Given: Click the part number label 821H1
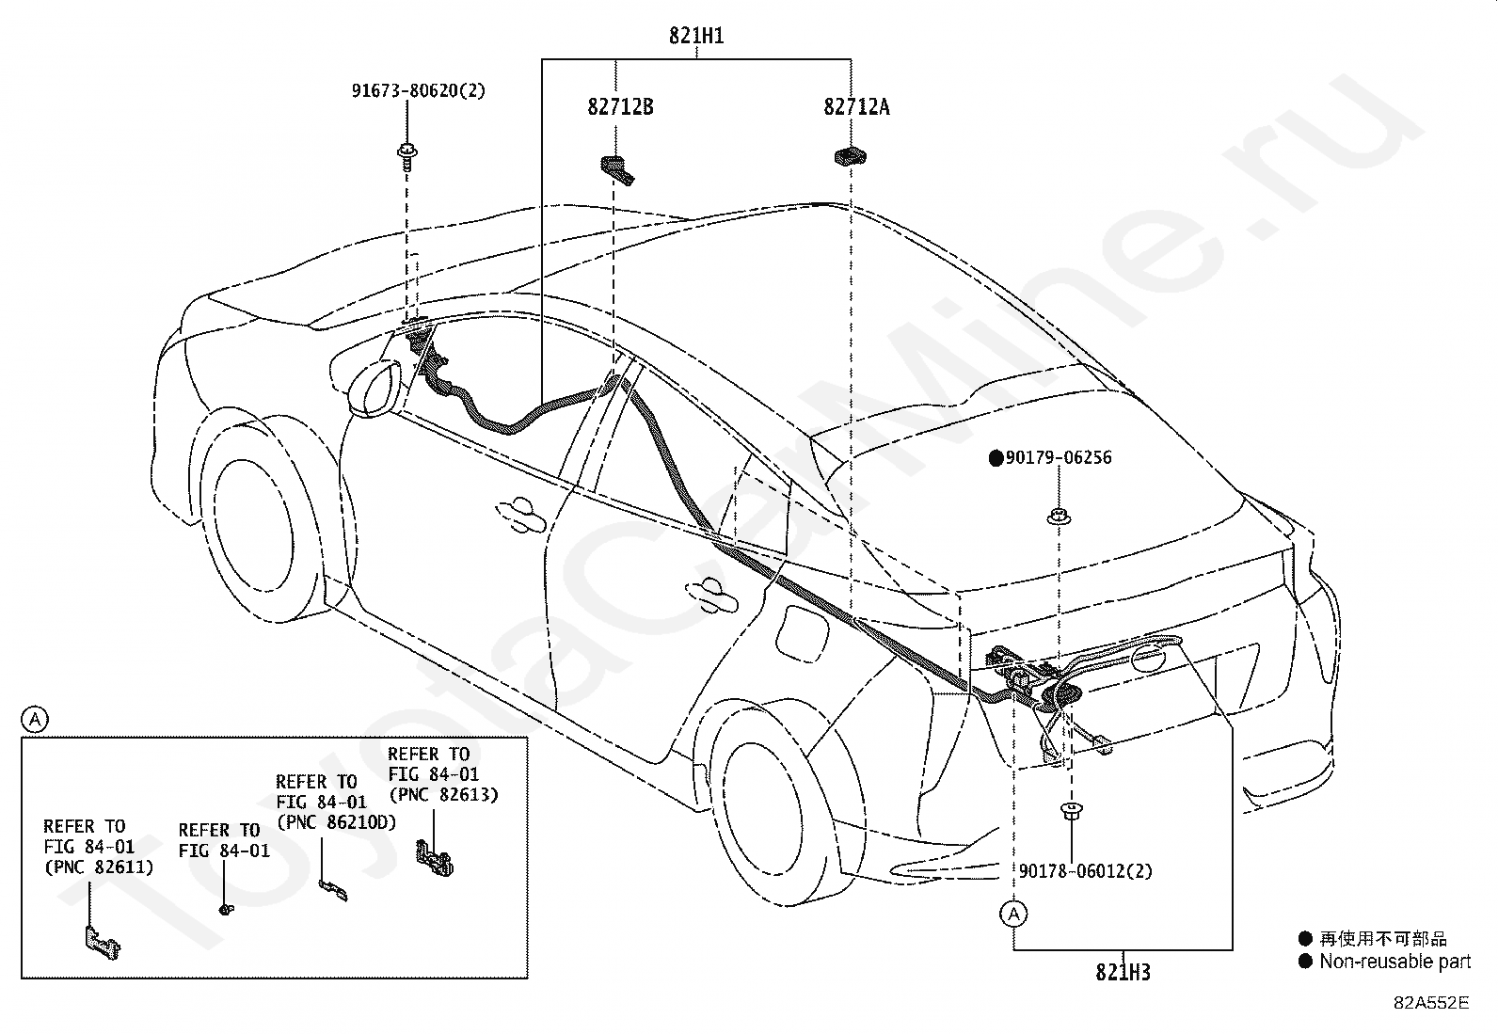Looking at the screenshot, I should click(x=696, y=37).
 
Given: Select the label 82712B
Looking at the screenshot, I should click(x=620, y=106).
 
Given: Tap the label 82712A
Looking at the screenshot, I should click(x=856, y=106).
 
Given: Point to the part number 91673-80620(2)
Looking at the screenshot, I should click(x=419, y=91).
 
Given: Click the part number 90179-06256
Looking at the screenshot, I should click(x=1058, y=458).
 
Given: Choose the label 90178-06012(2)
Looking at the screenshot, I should click(x=1085, y=871).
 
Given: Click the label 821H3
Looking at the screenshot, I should click(x=1123, y=972).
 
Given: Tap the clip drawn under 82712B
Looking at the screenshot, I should click(x=617, y=167).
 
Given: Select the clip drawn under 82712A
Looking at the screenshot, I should click(x=850, y=156).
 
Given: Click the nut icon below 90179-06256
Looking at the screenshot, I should click(x=1059, y=516).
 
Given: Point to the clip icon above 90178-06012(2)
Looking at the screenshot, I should click(x=1070, y=810).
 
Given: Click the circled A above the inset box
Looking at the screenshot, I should click(x=35, y=720).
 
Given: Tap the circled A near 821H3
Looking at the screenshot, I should click(x=1013, y=914).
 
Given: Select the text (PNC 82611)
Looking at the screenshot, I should click(x=98, y=867).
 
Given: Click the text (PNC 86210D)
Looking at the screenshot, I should click(x=336, y=822).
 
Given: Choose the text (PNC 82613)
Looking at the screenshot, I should click(x=443, y=794).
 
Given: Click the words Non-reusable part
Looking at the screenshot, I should click(x=1394, y=962).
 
